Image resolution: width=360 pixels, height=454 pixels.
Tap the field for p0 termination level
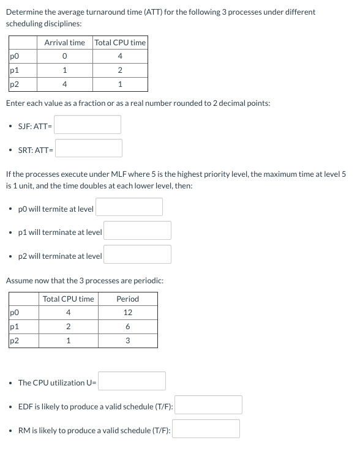(129, 207)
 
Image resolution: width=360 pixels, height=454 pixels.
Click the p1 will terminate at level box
(137, 231)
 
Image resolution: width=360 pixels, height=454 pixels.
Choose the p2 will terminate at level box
(137, 255)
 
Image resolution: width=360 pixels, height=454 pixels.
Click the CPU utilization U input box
(132, 381)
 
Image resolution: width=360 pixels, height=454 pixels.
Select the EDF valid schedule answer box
(208, 405)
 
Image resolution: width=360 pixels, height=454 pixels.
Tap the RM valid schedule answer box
(206, 428)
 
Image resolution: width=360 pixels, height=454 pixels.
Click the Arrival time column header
(64, 42)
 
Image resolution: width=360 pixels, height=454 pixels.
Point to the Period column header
(127, 299)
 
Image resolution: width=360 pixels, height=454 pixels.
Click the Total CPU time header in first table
(120, 42)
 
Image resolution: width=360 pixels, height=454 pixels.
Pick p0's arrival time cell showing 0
(64, 57)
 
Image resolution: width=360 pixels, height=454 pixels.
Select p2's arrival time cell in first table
(64, 84)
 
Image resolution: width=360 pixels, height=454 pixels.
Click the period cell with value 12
(127, 313)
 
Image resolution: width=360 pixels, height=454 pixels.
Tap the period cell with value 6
(127, 327)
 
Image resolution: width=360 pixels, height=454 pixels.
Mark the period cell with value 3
(127, 341)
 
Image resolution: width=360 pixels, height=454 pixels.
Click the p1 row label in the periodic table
(15, 327)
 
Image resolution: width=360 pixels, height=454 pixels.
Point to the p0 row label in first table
(15, 57)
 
